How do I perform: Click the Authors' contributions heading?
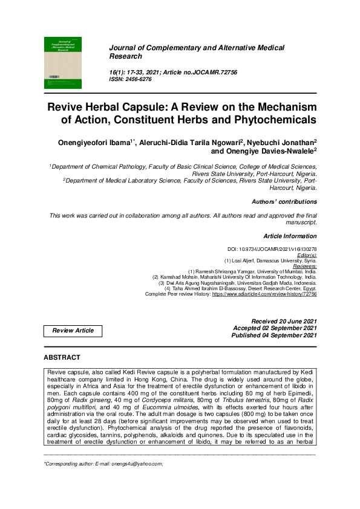tap(284, 201)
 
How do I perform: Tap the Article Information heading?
tap(290, 235)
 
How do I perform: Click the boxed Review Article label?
tap(73, 331)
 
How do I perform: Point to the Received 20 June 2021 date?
tap(284, 320)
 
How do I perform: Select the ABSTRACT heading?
tap(62, 358)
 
